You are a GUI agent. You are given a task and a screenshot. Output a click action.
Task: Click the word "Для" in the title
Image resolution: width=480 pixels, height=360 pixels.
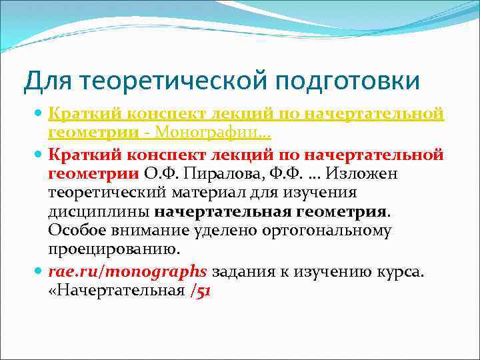[x=46, y=81]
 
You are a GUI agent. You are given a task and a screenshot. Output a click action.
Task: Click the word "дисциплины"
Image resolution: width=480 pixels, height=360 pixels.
[x=99, y=212]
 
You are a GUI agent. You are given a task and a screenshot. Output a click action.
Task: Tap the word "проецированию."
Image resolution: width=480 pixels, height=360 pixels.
[x=114, y=250]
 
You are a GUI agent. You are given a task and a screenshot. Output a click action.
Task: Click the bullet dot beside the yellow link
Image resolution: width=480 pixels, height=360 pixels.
[x=39, y=115]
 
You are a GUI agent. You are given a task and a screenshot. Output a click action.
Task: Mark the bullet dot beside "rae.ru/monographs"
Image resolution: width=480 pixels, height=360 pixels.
[x=39, y=273]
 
